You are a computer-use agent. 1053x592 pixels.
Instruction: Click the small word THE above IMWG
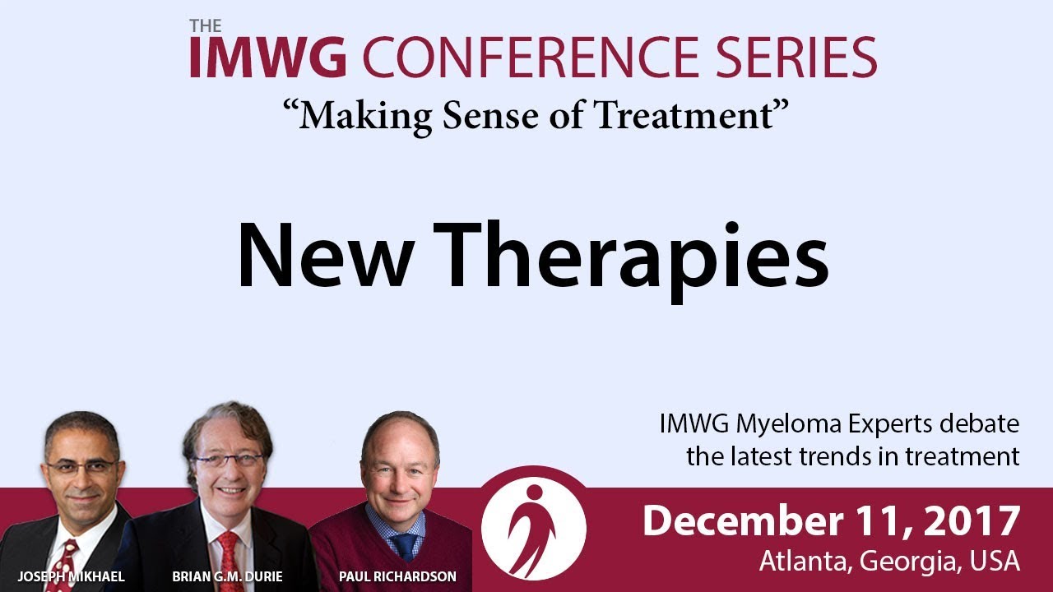pos(206,25)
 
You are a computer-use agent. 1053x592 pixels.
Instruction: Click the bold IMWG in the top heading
pos(268,58)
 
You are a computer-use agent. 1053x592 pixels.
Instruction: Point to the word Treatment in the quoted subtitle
pos(684,116)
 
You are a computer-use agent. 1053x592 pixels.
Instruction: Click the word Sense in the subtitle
pos(490,116)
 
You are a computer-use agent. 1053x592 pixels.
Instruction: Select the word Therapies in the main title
pos(631,261)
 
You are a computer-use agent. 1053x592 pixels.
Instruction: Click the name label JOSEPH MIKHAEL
pos(71,576)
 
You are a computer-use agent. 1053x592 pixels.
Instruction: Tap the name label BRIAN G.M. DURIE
pos(228,576)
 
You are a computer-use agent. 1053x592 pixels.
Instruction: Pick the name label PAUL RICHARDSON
pos(397,576)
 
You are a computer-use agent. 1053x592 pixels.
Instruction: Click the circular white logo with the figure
pos(534,528)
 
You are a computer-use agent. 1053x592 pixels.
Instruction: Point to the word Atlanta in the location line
pos(805,561)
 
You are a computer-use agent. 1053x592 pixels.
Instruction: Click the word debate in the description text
pos(979,423)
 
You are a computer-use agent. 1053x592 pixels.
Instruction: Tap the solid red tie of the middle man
pos(229,562)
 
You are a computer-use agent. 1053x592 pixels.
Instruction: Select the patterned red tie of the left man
pos(63,567)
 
